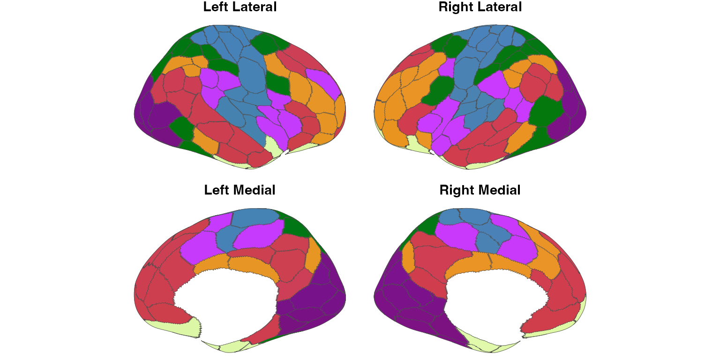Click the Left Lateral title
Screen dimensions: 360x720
coord(240,7)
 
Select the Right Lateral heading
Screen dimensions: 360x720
coord(480,7)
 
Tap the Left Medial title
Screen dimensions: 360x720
coord(240,190)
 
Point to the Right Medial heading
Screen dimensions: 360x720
coord(480,190)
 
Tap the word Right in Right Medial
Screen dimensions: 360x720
coord(456,190)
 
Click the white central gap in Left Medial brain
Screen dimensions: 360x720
coord(225,305)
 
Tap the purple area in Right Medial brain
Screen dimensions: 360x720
coord(403,300)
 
